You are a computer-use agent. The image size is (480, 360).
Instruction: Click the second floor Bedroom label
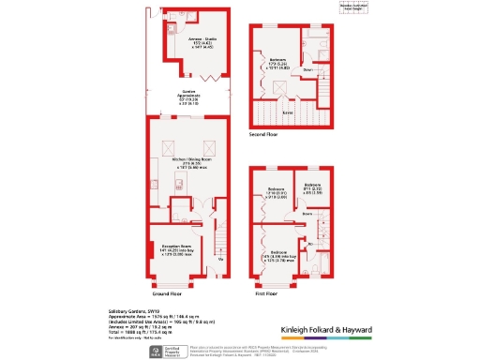(x=278, y=62)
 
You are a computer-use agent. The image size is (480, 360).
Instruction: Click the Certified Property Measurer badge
(x=168, y=351)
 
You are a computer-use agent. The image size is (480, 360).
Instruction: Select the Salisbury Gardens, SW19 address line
(x=128, y=310)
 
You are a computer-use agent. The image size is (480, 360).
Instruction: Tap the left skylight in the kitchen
(x=168, y=145)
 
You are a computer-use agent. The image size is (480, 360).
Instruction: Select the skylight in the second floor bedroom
(x=278, y=88)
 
